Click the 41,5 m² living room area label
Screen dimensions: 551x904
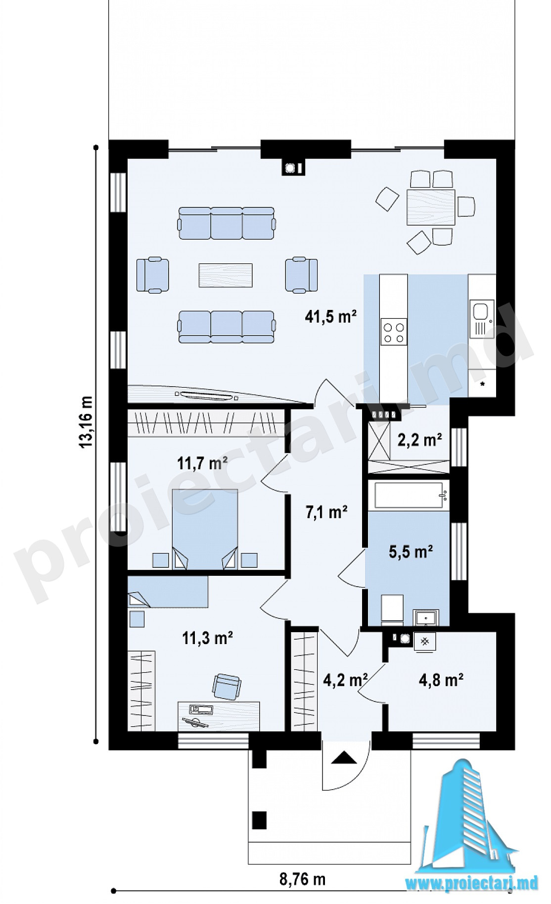tap(331, 316)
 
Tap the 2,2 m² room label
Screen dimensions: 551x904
tap(419, 439)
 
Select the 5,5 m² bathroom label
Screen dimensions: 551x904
tap(411, 552)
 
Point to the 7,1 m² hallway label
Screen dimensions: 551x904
tap(326, 512)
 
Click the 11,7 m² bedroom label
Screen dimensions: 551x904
tap(202, 463)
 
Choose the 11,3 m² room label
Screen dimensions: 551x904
tap(208, 638)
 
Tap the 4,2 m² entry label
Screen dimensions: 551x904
tap(345, 680)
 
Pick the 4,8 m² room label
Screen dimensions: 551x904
tap(441, 680)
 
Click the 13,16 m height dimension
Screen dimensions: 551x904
tap(86, 422)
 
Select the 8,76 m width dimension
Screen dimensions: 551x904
tap(302, 879)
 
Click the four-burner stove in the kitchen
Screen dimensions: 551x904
tap(394, 332)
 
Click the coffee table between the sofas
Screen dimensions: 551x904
tap(226, 275)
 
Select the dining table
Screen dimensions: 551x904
tap(430, 207)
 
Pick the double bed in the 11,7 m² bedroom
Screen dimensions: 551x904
tap(205, 529)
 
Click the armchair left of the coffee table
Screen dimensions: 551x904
tap(152, 274)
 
